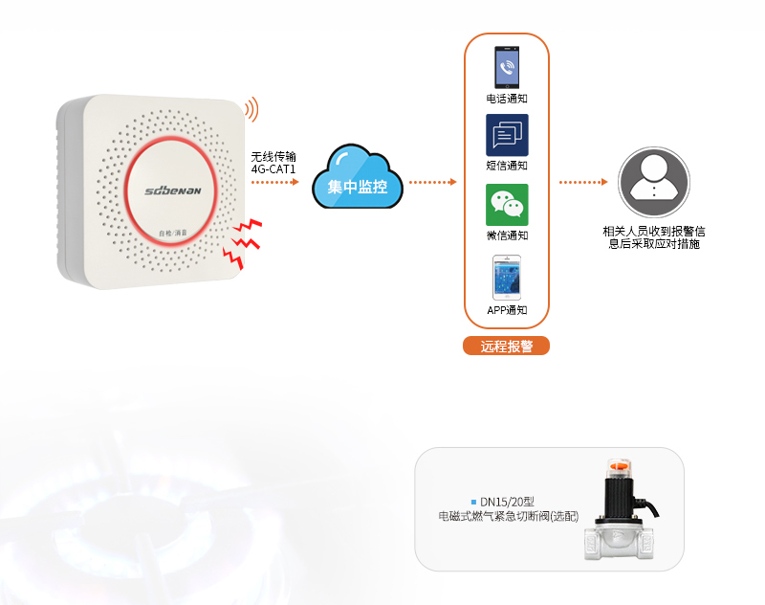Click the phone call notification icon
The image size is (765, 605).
coord(507,68)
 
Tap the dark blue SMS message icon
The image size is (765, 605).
coord(507,136)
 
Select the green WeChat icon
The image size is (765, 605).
coord(507,204)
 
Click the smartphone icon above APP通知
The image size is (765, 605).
coord(507,278)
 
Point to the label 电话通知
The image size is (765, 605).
coord(507,99)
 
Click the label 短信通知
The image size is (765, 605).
coord(507,166)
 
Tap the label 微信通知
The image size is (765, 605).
coord(507,235)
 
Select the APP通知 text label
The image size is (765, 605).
coord(507,309)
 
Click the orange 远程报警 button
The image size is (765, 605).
coord(507,347)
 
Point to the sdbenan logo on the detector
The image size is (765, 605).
coord(173,190)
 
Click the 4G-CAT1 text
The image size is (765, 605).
coord(274,169)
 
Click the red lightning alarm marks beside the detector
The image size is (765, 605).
coord(242,242)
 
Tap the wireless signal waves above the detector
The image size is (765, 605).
coord(252,109)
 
